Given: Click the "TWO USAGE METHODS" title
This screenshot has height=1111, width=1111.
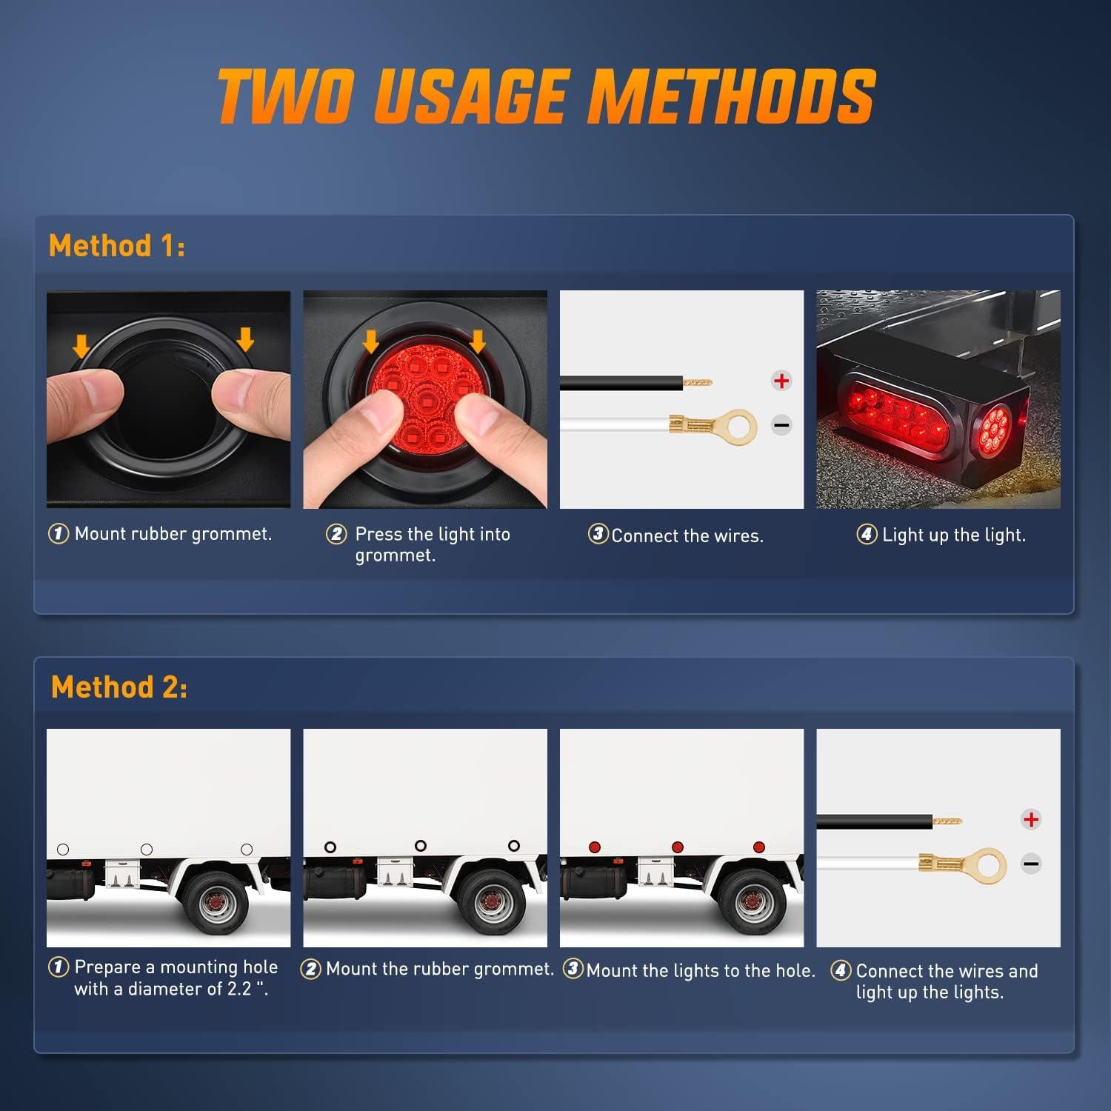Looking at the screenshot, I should pyautogui.click(x=547, y=96).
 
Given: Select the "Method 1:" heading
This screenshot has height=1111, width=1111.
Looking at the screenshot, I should pyautogui.click(x=117, y=246).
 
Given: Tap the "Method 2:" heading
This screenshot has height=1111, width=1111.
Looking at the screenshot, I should pyautogui.click(x=119, y=687).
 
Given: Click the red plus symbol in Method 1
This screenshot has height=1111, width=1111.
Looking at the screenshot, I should pyautogui.click(x=781, y=381).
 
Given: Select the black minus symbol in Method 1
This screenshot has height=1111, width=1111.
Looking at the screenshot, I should pyautogui.click(x=781, y=425).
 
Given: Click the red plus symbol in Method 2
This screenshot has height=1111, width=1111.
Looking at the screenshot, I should pyautogui.click(x=1030, y=819).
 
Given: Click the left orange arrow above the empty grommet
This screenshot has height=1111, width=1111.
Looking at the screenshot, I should pyautogui.click(x=81, y=344).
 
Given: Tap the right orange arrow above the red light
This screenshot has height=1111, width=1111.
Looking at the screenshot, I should pyautogui.click(x=478, y=341).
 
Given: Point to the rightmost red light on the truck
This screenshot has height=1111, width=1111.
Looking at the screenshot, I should pyautogui.click(x=758, y=847).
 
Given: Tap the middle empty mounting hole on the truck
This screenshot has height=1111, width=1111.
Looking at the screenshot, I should pyautogui.click(x=147, y=850).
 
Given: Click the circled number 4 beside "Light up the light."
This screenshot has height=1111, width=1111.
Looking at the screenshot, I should pyautogui.click(x=867, y=534).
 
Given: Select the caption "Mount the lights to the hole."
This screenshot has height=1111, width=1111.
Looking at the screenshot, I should pyautogui.click(x=700, y=970).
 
